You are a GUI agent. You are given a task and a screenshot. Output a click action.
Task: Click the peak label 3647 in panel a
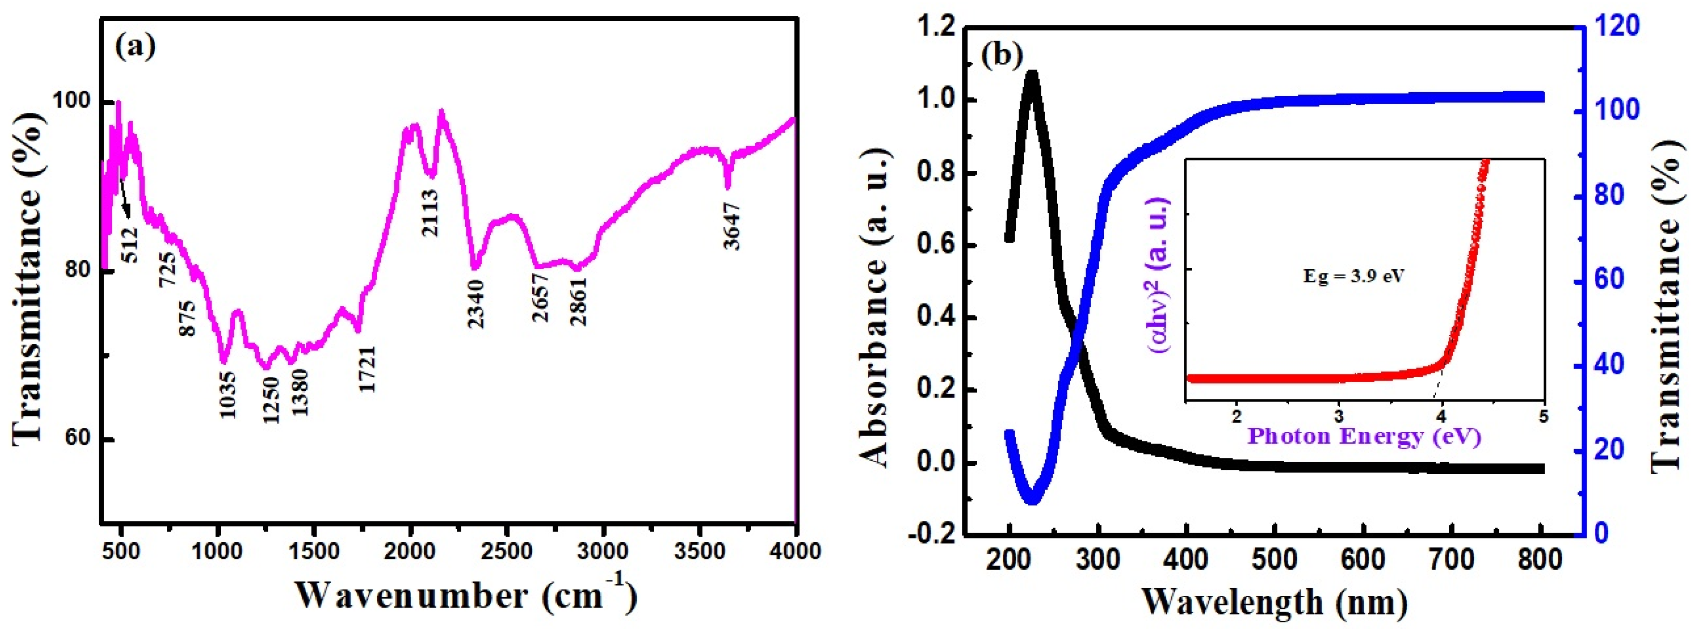731,227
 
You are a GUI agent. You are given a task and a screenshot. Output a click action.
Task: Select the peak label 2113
430,213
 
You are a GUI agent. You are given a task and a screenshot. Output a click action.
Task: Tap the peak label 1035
227,394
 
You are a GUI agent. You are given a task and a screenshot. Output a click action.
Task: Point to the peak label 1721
367,369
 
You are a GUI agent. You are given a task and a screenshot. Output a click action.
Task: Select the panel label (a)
135,47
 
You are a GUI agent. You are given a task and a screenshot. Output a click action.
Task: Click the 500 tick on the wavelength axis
1275,560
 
